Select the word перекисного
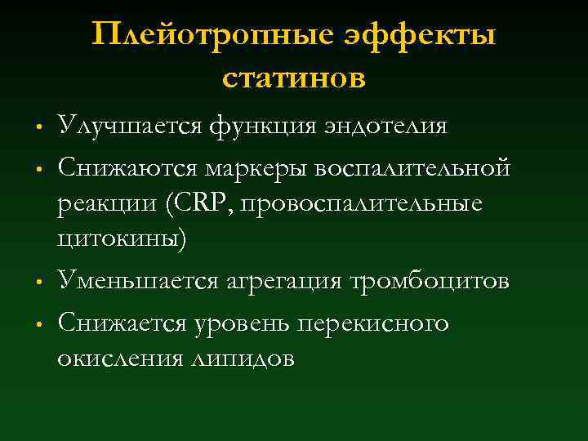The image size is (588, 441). coord(376,323)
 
